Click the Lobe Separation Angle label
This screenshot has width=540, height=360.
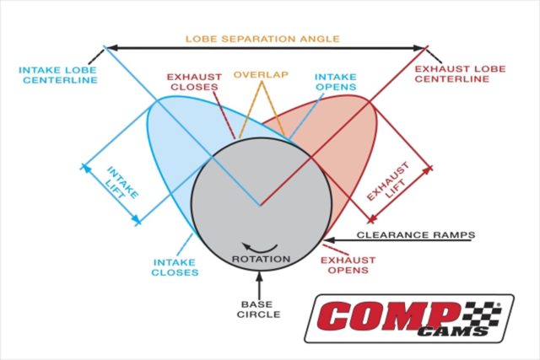[262, 39]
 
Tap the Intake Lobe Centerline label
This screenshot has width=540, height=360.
[58, 75]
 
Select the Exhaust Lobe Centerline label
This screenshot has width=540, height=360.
[460, 73]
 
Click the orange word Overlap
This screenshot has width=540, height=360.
[261, 74]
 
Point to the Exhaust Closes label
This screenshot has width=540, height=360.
[194, 82]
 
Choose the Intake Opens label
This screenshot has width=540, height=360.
[336, 82]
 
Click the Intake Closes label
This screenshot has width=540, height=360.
[175, 267]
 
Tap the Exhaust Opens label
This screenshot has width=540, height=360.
[348, 265]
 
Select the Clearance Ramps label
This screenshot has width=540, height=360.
[416, 235]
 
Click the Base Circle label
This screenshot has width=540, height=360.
[258, 309]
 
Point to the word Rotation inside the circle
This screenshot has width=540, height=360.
[261, 259]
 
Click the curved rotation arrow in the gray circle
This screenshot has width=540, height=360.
[260, 249]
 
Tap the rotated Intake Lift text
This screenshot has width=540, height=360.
[122, 183]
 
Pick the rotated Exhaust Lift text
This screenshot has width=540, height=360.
[388, 182]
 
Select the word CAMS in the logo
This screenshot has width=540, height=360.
[452, 331]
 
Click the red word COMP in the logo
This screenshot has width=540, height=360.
[389, 316]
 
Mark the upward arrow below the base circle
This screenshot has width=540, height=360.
[259, 284]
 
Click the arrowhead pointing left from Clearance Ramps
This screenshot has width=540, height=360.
[328, 240]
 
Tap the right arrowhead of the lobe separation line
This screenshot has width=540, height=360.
[418, 48]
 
